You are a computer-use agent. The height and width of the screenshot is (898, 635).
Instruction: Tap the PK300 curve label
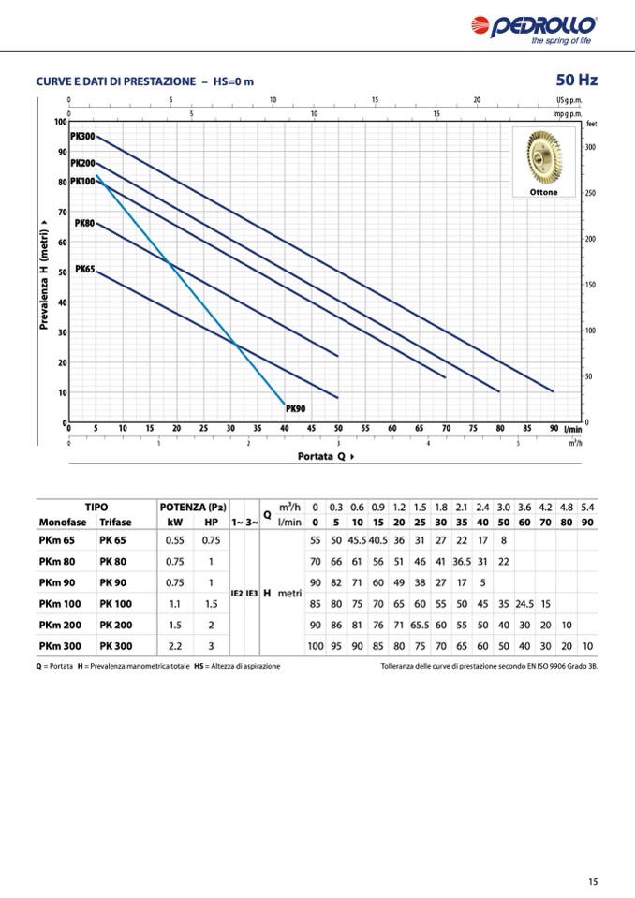82,137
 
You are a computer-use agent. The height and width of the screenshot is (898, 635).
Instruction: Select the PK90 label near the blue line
295,408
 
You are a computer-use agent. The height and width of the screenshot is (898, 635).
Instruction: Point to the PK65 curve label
84,269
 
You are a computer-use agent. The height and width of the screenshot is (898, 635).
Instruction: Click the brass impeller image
543,155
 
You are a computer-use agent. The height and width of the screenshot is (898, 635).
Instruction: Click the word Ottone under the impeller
543,192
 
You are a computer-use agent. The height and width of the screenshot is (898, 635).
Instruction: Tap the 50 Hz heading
576,80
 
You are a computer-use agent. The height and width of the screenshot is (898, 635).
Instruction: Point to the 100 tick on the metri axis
60,122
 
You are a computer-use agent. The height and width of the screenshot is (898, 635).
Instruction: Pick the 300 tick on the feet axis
590,148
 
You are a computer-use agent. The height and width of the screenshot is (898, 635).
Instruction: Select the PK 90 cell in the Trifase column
114,581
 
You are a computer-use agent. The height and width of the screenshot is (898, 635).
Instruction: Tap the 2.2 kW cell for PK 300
174,645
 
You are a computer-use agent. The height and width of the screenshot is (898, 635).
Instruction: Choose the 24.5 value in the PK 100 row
524,603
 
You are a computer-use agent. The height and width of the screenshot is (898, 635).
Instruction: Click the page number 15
593,880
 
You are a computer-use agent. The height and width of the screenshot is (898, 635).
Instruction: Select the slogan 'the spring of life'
560,41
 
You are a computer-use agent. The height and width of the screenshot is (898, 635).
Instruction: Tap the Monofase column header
63,522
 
